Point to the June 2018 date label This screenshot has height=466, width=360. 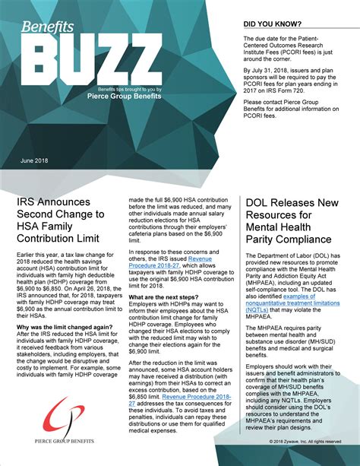coord(34,161)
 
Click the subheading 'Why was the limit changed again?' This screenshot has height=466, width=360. coord(63,328)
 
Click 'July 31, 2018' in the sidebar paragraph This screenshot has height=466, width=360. coord(276,78)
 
